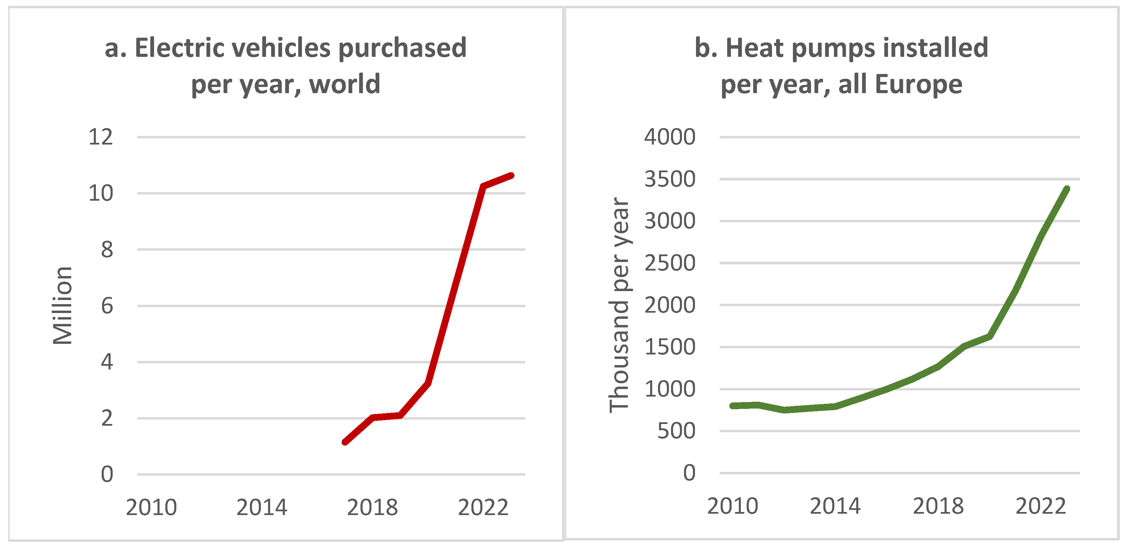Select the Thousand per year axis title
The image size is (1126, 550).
point(619,305)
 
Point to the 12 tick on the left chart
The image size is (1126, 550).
point(101,137)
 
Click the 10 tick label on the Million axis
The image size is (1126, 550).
point(101,193)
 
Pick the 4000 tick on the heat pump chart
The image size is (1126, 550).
point(670,137)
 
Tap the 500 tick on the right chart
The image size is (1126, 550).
point(676,431)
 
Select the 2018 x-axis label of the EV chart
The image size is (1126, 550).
point(372,508)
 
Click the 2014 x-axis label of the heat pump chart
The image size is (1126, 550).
point(835,506)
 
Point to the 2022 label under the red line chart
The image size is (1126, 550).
point(483,508)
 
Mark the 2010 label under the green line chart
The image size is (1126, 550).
point(733,506)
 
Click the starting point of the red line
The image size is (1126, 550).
point(345,442)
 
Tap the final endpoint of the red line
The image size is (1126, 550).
point(511,176)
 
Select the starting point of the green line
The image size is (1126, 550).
point(733,406)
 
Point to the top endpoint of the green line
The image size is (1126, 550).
point(1067,189)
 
